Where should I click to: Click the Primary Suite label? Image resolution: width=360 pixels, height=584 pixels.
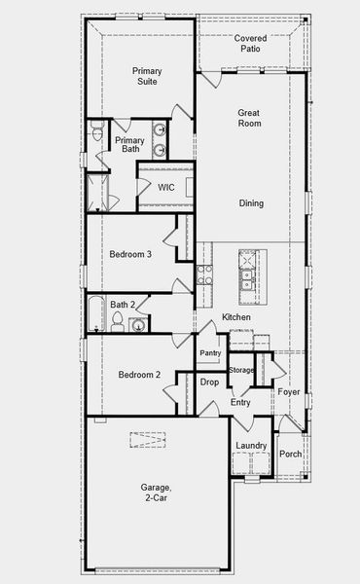[x=147, y=77]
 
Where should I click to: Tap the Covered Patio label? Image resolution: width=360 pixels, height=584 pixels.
[x=250, y=43]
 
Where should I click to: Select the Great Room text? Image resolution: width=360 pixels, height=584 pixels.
[x=250, y=119]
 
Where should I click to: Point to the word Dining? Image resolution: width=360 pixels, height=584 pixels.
[x=251, y=203]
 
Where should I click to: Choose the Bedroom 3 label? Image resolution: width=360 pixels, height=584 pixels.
[x=129, y=254]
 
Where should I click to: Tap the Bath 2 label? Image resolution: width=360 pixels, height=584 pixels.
[x=123, y=305]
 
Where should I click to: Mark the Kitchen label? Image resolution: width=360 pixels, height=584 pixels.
[x=236, y=318]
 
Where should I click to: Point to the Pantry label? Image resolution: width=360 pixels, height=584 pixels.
[x=210, y=352]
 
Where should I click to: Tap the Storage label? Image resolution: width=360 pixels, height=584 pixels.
[x=241, y=370]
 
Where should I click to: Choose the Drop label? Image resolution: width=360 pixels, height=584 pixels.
[x=209, y=383]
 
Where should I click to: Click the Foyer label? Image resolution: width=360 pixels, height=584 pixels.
[x=288, y=392]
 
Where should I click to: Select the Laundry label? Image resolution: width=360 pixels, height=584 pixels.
[x=251, y=446]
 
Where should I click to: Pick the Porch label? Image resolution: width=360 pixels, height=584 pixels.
[x=290, y=455]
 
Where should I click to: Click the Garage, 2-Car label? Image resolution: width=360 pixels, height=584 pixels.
[x=156, y=493]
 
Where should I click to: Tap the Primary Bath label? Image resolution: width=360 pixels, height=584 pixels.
[x=129, y=145]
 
